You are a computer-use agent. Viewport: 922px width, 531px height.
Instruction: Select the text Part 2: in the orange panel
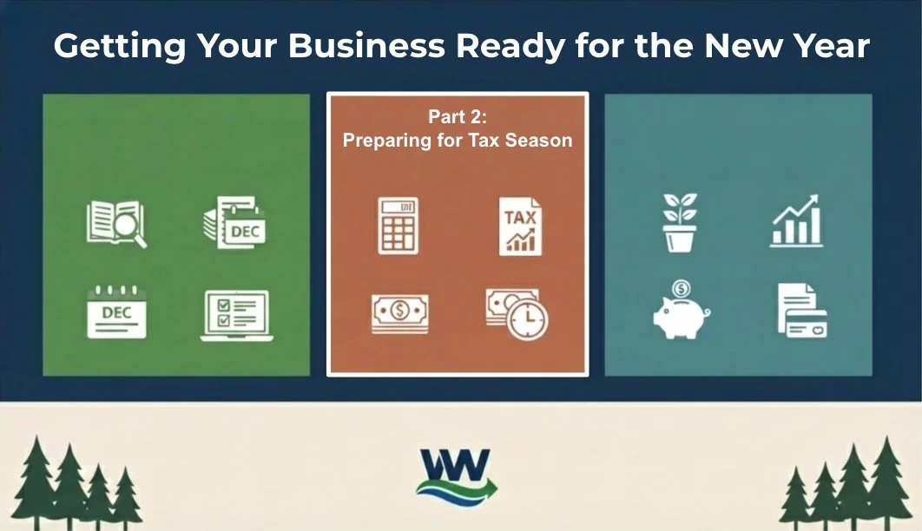458,117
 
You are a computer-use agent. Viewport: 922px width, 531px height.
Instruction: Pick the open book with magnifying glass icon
115,222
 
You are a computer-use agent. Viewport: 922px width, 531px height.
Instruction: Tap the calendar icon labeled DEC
116,312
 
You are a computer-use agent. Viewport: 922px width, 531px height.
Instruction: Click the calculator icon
398,226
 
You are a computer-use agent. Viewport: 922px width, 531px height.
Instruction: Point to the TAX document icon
520,226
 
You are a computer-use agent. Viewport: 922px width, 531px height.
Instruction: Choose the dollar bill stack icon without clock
399,313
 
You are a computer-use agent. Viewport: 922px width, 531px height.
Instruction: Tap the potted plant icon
680,222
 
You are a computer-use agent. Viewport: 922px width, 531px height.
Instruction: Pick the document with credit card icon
800,310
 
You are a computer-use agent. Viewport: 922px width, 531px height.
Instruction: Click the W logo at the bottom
458,475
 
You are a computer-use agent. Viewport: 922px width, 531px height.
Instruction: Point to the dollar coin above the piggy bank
682,287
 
